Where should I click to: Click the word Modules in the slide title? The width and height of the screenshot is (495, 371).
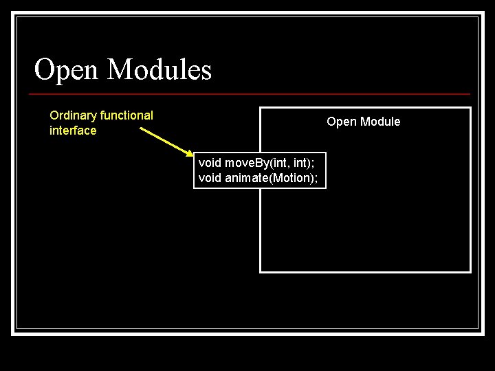click(159, 69)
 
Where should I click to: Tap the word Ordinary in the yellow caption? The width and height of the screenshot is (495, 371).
click(74, 115)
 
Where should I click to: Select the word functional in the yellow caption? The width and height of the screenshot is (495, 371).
click(126, 115)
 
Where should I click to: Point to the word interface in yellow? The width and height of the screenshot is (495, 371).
click(73, 131)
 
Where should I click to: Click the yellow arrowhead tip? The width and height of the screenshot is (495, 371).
click(194, 155)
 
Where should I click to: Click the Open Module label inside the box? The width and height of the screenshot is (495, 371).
click(363, 122)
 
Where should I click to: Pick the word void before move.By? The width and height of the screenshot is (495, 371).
click(210, 163)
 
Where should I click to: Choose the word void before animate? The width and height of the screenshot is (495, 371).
click(210, 178)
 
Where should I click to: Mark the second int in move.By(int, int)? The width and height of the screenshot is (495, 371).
click(306, 163)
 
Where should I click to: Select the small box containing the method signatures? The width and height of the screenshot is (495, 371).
click(259, 170)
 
